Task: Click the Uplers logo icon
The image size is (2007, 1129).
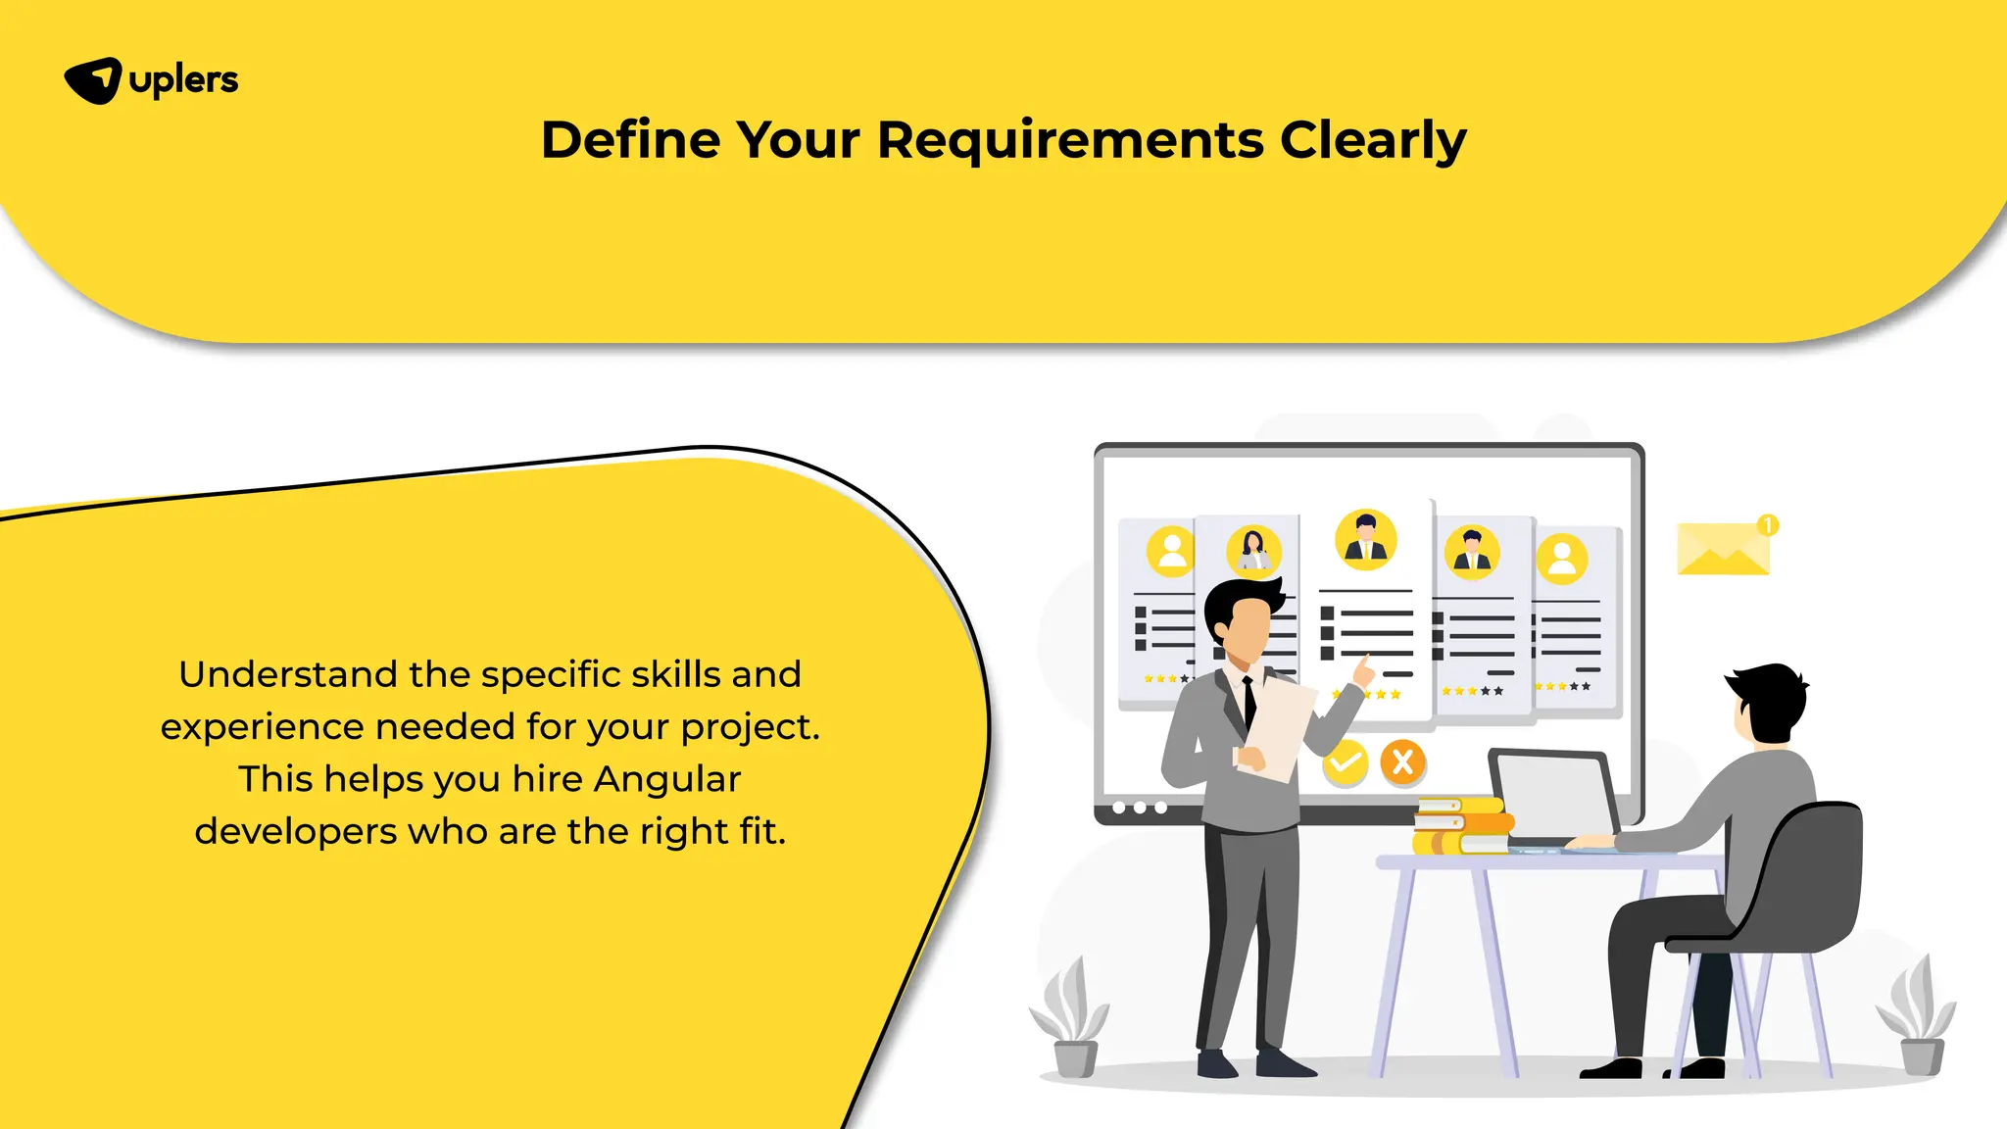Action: pos(93,80)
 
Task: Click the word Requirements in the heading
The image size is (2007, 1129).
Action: pos(1070,140)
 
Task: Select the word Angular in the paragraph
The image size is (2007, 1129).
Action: pos(666,779)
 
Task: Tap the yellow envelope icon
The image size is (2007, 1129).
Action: pos(1723,549)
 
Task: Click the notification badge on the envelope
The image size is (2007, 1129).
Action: pos(1768,525)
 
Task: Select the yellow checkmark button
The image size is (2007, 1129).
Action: pos(1345,762)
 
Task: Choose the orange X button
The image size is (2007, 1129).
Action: pos(1402,761)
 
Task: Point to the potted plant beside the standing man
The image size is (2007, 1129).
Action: pos(1071,1019)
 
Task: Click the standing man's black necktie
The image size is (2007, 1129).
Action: pos(1249,702)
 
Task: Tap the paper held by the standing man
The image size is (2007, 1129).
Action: pos(1280,729)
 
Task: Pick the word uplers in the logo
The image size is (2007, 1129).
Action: pos(183,80)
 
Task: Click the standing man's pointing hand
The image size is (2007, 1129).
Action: pos(1362,671)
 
